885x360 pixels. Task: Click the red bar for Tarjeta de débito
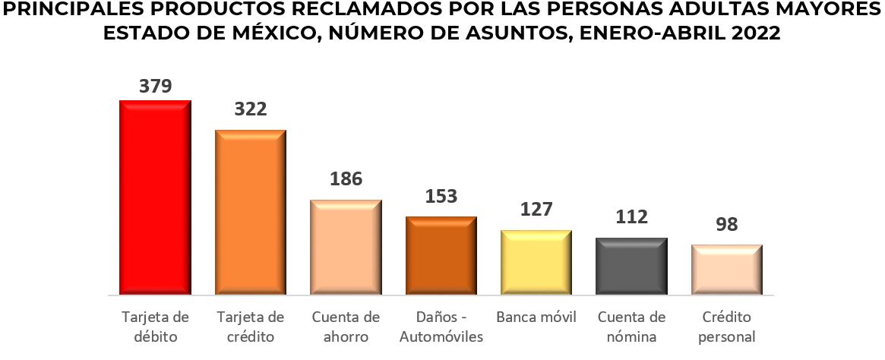click(155, 197)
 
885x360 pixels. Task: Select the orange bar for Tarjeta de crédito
click(251, 212)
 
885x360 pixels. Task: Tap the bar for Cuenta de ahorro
click(346, 247)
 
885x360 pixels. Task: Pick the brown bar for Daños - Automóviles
click(441, 255)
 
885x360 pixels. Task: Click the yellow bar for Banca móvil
click(536, 262)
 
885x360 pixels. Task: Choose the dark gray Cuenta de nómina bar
click(631, 266)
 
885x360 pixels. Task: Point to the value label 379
click(155, 86)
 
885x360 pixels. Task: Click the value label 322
click(251, 109)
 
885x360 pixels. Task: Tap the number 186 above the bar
click(346, 179)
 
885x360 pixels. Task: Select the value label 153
click(441, 196)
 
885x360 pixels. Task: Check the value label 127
click(536, 210)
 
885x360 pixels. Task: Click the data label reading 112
click(631, 217)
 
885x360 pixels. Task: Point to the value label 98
click(726, 226)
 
